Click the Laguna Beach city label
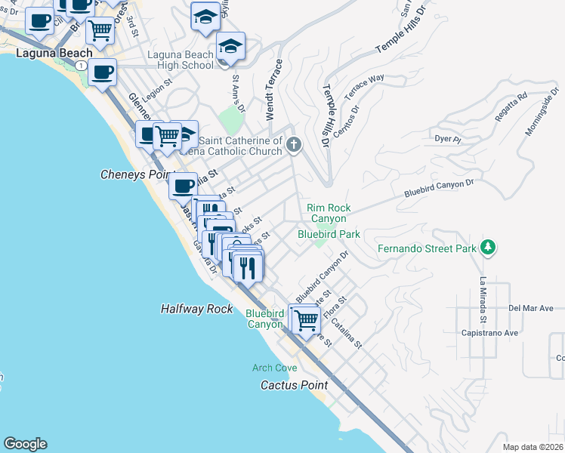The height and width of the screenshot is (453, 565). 54,54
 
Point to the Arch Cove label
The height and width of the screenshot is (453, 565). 275,368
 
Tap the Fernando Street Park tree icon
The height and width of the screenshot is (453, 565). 489,247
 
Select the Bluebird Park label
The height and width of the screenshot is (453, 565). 329,234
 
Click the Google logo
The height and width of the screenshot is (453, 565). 25,444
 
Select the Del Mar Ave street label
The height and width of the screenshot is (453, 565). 531,308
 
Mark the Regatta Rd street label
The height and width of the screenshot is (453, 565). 512,107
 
